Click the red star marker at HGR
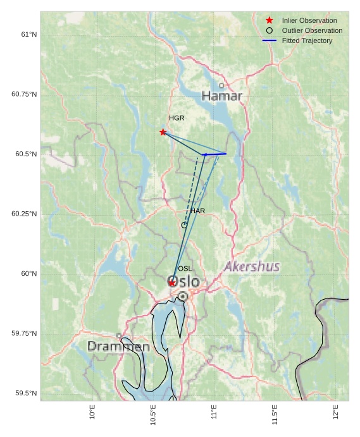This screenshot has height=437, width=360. (x=163, y=132)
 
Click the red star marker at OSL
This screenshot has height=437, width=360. (x=172, y=283)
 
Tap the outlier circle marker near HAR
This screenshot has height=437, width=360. (x=184, y=225)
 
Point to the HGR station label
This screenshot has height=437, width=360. (x=177, y=118)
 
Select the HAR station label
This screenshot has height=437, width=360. (x=198, y=211)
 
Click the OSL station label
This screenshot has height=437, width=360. (x=185, y=269)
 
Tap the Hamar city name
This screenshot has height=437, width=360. (x=222, y=96)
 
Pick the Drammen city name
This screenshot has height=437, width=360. (x=118, y=347)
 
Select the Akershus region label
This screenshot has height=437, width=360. (x=252, y=266)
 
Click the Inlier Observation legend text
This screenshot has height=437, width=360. (x=309, y=20)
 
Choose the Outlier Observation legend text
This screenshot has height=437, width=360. (x=312, y=30)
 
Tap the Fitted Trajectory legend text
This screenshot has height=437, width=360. (x=307, y=40)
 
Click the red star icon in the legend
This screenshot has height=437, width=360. (x=270, y=20)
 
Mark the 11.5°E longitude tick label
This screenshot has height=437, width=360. (x=275, y=414)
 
